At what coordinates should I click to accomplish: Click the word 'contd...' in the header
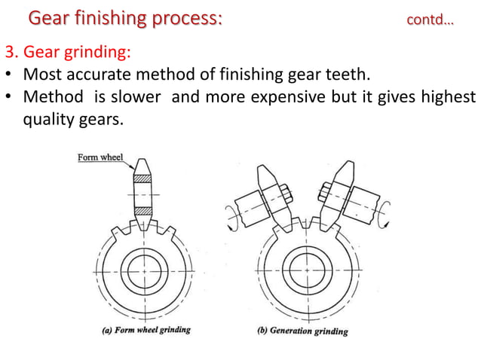click(x=430, y=20)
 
